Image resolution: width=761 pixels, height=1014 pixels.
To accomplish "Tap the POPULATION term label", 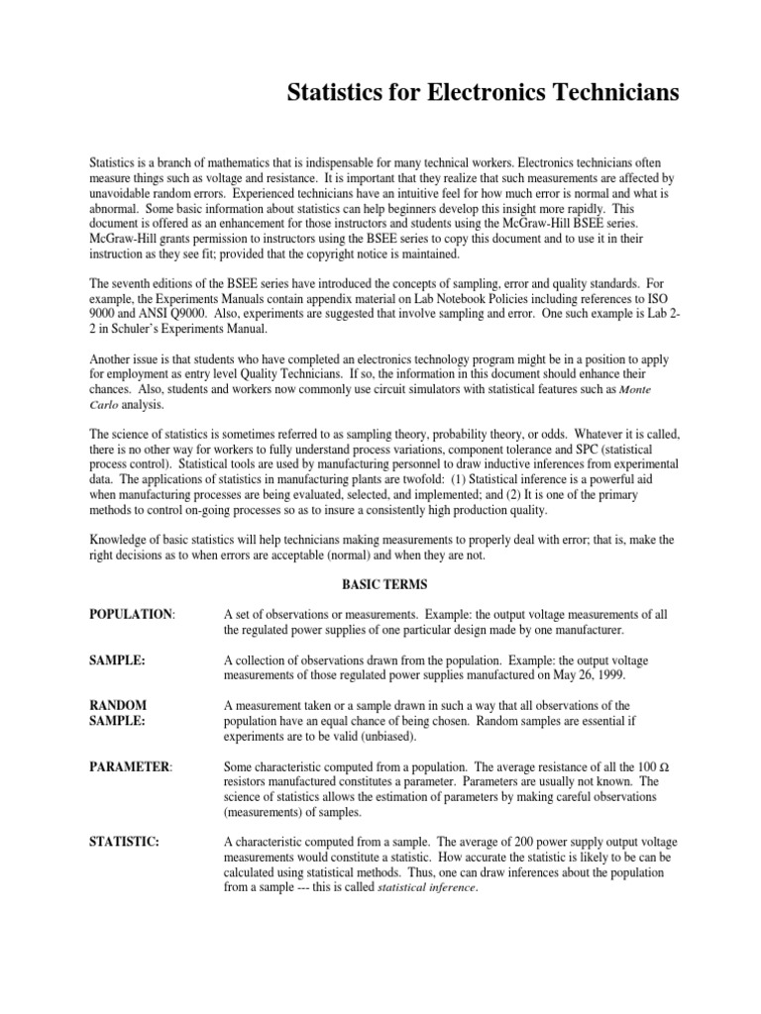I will pos(131,614).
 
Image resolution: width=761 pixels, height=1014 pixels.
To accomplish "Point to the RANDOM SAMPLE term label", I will pos(118,713).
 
